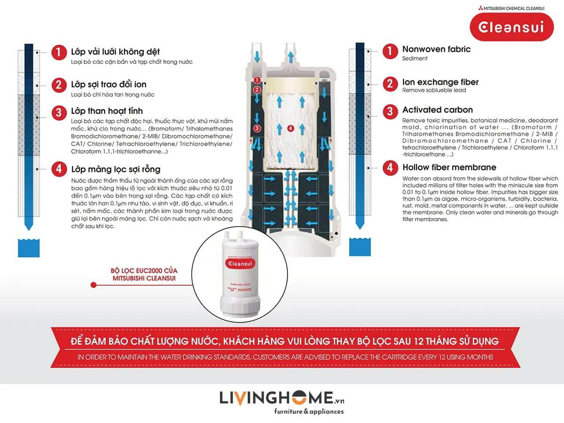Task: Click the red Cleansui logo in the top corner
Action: (511, 27)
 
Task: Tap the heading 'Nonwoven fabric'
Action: (436, 49)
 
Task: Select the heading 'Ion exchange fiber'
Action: (440, 82)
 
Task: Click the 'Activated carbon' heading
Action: (437, 110)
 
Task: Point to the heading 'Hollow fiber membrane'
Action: (449, 167)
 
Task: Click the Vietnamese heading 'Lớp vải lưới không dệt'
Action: (115, 52)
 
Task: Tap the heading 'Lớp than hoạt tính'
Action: (107, 111)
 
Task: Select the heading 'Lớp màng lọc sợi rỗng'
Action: (116, 169)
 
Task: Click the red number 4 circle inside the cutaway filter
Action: (290, 128)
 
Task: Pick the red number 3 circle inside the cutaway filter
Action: (257, 128)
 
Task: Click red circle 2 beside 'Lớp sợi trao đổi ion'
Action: (59, 85)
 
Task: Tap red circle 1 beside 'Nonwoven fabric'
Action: (390, 51)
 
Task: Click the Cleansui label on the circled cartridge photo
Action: (240, 264)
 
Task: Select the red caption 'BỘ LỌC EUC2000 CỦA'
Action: (144, 271)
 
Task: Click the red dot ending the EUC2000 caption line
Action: (94, 285)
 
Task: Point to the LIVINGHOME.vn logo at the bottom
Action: (282, 398)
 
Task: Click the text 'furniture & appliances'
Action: (309, 412)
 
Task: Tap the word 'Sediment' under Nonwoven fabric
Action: (415, 59)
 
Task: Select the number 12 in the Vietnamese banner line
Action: (419, 341)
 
